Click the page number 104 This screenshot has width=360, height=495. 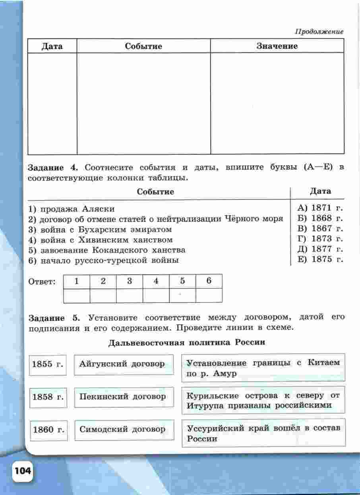coord(23,472)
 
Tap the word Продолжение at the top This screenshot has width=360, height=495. coord(319,31)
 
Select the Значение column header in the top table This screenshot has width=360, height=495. coord(277,46)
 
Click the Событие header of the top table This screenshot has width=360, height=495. coord(143,46)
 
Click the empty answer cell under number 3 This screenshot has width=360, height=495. coord(130,295)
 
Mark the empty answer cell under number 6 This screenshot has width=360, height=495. coord(209,295)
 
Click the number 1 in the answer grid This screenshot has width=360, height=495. coord(76,281)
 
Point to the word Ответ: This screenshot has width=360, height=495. coord(42,282)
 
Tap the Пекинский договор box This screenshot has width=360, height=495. coord(124,397)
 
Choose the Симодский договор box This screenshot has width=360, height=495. coord(124,430)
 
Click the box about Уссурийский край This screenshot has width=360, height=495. coord(263,433)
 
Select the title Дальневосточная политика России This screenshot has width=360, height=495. coord(186,342)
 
